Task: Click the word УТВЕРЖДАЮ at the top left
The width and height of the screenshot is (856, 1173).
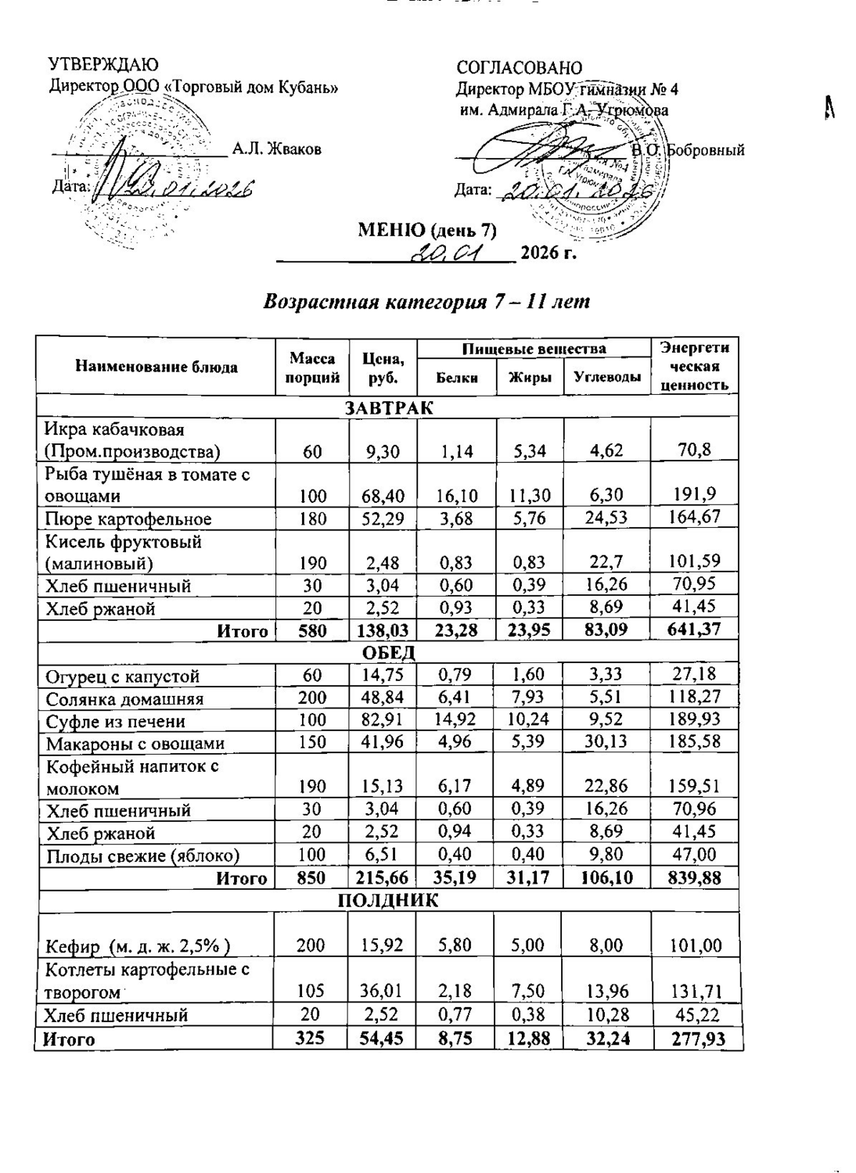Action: coord(103,65)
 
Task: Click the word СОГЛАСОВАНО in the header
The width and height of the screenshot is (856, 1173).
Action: coord(519,68)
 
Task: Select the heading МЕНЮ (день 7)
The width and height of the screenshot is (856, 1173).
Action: coord(427,231)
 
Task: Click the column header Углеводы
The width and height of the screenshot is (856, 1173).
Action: coord(607,378)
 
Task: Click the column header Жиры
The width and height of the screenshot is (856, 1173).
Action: coord(530,378)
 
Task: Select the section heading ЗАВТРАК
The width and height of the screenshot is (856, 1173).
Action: coord(389,407)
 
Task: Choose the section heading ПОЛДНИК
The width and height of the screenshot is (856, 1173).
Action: coord(388,900)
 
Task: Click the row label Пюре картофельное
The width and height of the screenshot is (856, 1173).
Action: coord(128,518)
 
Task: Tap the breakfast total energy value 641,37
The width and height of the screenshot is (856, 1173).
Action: coord(694,630)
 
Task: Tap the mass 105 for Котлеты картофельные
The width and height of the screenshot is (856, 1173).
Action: coord(311,992)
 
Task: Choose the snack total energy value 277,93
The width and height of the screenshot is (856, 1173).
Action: coord(694,1039)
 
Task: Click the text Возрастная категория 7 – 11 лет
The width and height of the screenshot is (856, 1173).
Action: coord(426,302)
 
